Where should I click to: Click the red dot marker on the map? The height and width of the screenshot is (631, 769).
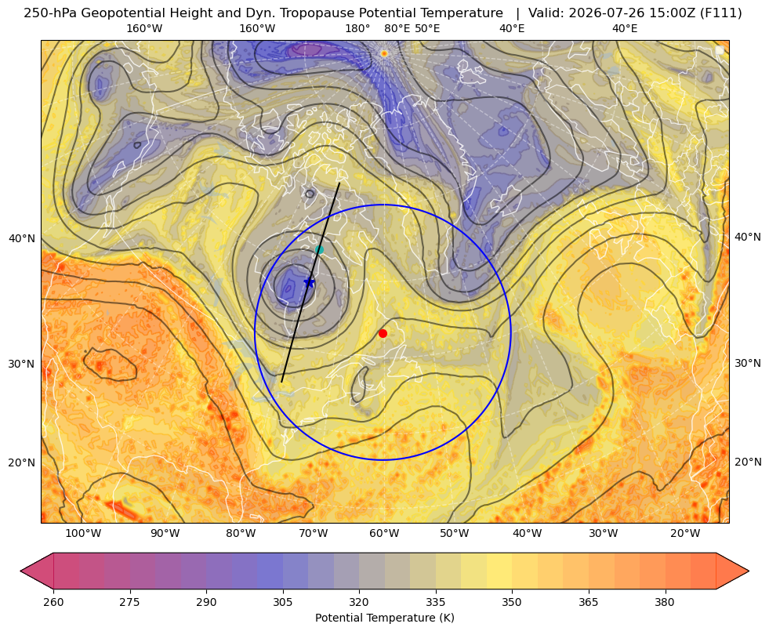(383, 333)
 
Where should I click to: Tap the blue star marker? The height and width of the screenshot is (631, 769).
(309, 282)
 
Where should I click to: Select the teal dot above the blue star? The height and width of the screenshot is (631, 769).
(319, 249)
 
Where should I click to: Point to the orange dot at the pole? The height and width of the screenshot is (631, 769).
(384, 53)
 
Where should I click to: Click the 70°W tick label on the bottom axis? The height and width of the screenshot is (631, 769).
(314, 534)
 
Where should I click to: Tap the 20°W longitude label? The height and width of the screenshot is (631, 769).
(685, 534)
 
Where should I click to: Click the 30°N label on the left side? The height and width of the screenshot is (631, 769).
(22, 364)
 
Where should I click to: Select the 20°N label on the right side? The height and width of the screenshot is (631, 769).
(748, 462)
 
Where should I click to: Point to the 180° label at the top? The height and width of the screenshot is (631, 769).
(357, 28)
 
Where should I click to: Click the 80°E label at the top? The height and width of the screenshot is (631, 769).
(397, 28)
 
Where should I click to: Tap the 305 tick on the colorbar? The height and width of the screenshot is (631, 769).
(282, 602)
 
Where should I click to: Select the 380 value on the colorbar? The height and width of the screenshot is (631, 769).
(665, 602)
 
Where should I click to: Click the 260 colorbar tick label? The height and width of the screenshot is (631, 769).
(53, 602)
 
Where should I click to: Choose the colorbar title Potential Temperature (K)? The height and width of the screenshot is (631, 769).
(384, 618)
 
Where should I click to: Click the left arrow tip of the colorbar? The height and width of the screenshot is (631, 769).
(20, 571)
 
